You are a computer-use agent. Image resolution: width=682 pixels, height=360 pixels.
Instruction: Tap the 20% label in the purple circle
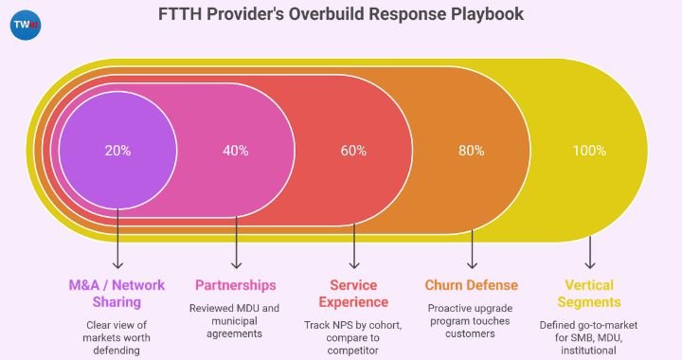(x=117, y=151)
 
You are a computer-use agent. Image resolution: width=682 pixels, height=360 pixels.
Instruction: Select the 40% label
(x=236, y=151)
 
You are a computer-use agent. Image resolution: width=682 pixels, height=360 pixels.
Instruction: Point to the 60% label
(x=354, y=151)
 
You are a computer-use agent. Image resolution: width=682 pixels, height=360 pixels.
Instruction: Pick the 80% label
(x=472, y=151)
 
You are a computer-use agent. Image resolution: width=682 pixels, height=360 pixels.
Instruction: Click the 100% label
(x=590, y=151)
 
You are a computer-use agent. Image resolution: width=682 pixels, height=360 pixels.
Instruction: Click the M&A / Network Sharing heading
(x=117, y=294)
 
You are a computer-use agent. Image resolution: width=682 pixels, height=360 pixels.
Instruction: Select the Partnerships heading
(x=236, y=285)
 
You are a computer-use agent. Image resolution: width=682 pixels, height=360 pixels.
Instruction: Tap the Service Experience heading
(x=354, y=294)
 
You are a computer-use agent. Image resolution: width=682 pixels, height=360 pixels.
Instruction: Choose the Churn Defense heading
(x=472, y=285)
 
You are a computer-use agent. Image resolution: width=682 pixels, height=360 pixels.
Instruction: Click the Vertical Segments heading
(x=590, y=294)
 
